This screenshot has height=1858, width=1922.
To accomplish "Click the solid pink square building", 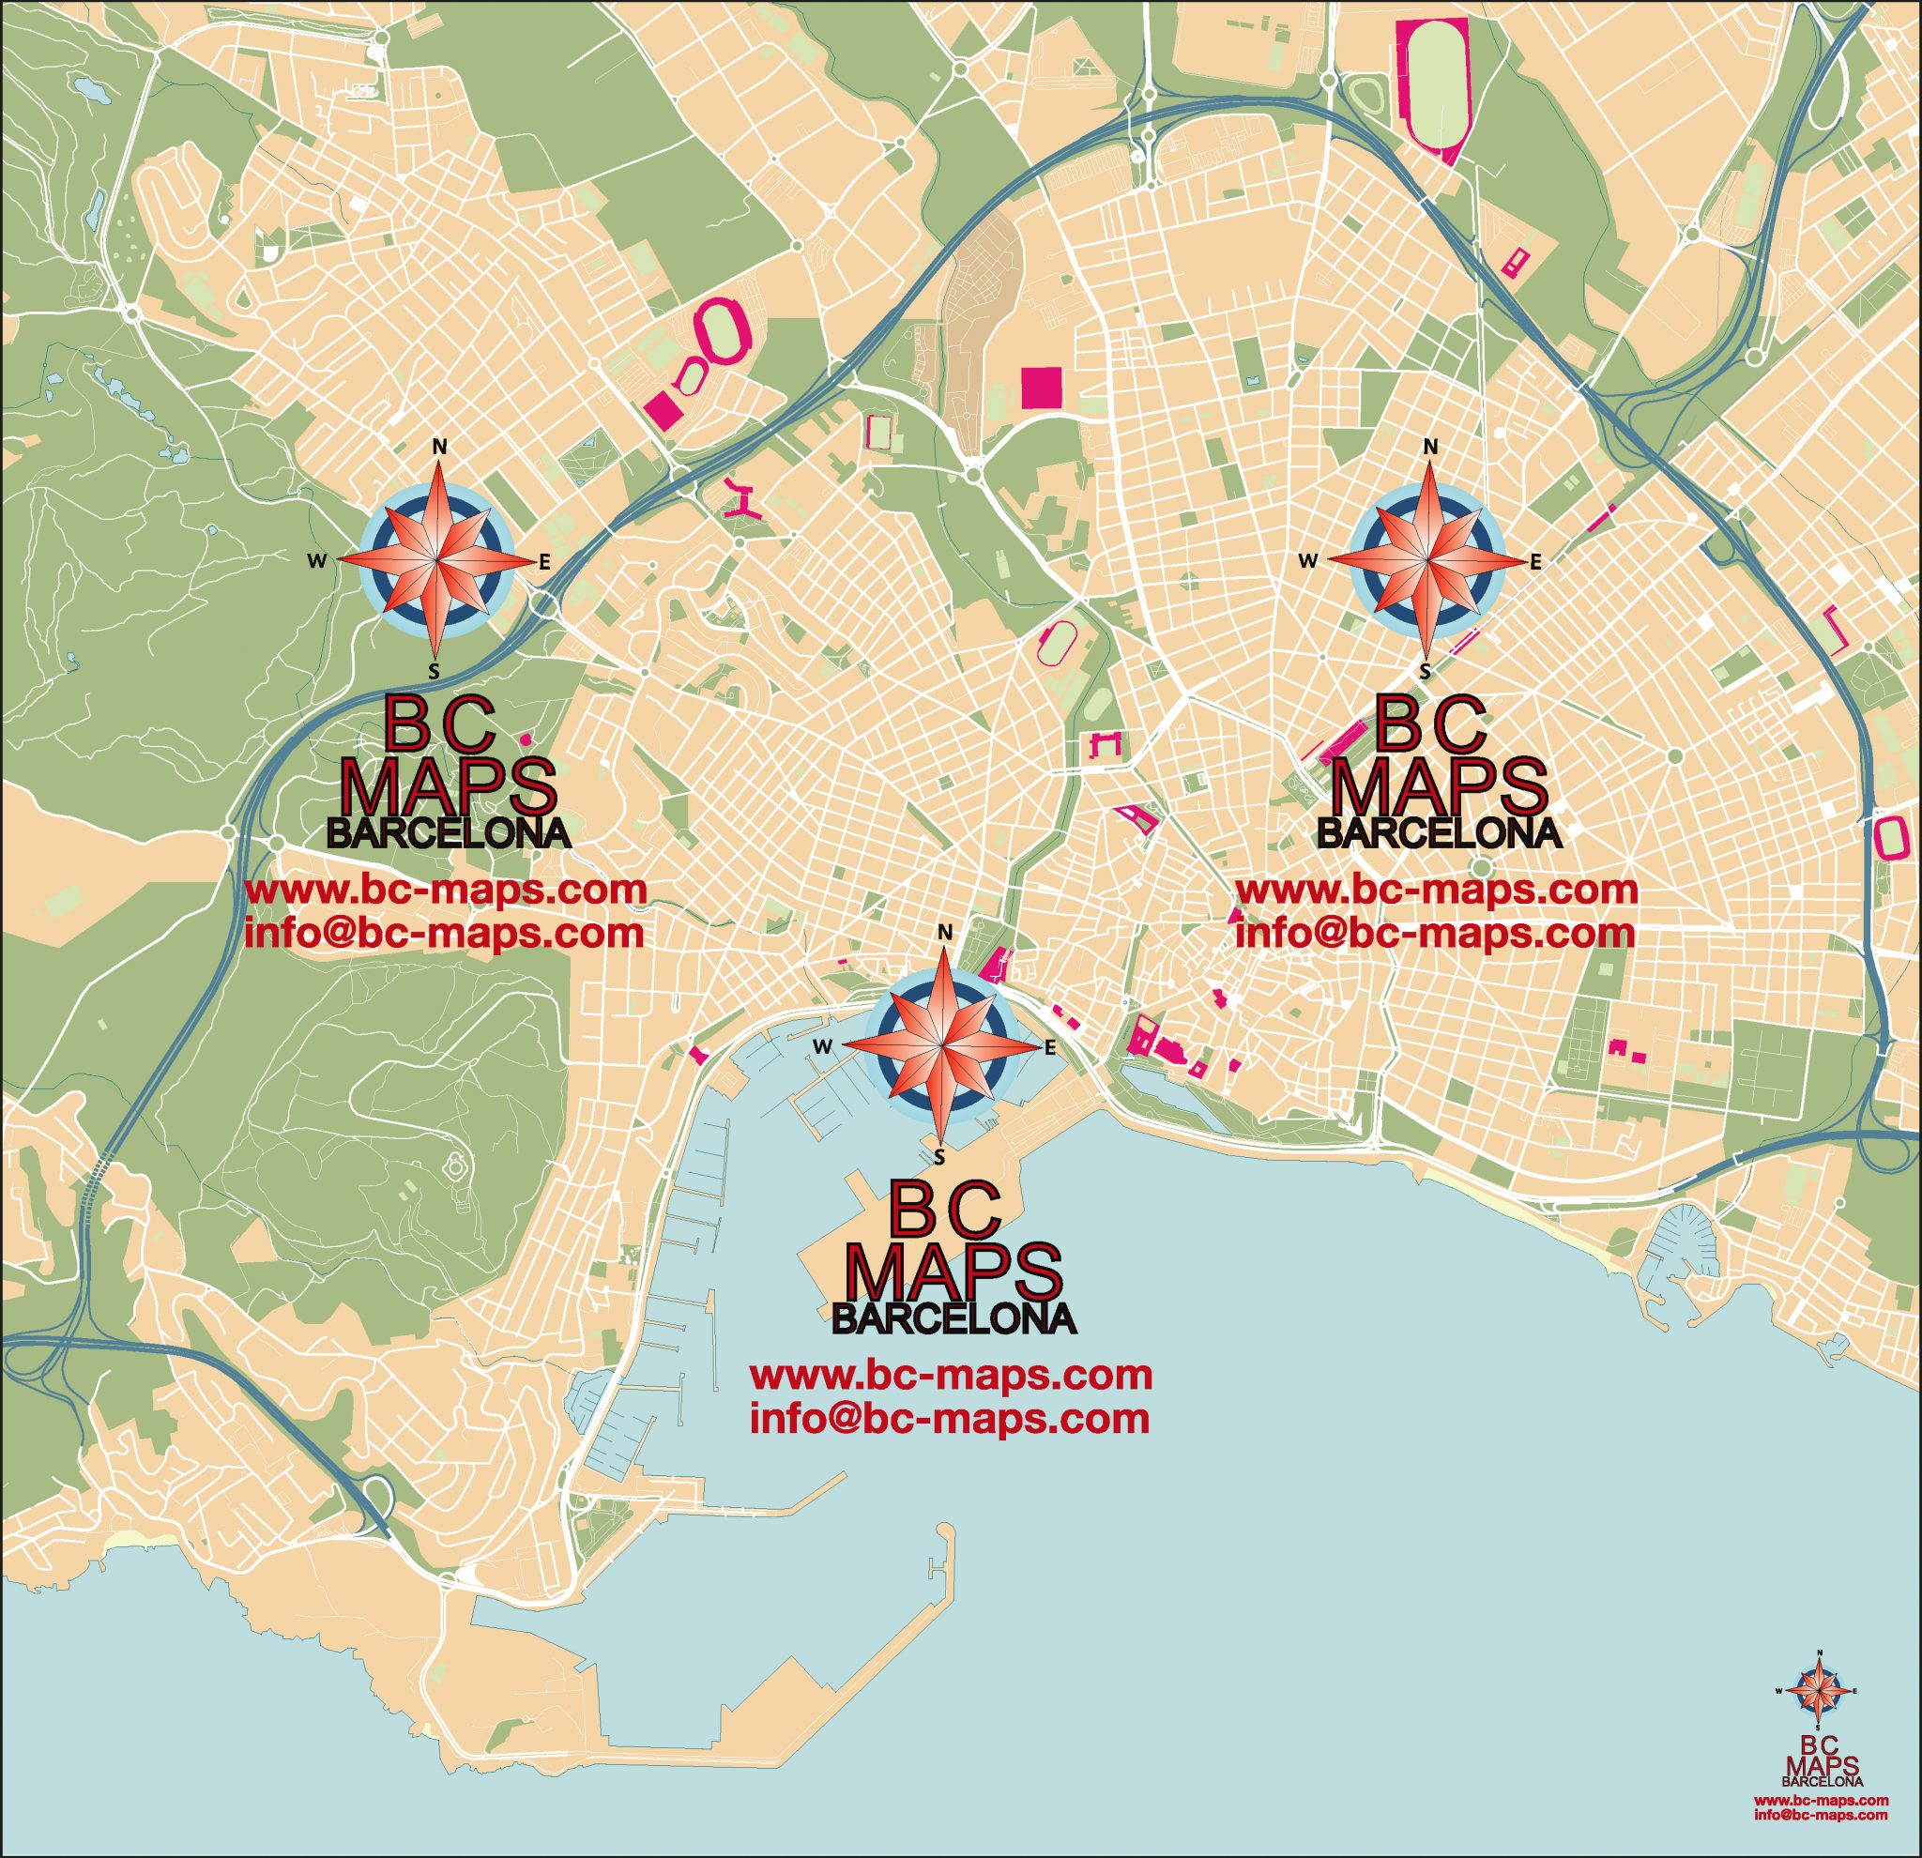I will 1041,388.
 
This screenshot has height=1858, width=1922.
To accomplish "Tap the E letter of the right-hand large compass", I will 1535,562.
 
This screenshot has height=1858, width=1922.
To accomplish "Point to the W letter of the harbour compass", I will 822,1047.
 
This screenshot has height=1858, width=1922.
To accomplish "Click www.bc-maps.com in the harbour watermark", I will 951,1375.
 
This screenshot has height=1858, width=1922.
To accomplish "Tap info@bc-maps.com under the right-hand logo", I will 1435,932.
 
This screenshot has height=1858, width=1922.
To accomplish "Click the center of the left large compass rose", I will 438,562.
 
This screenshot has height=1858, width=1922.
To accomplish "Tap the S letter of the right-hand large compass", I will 1426,671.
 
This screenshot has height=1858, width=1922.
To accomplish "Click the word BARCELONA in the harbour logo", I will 953,1317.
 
